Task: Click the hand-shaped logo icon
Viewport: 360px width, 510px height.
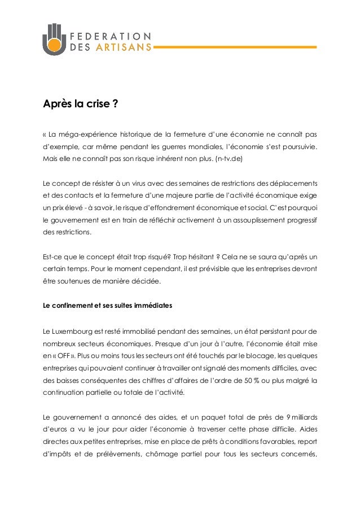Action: [54, 40]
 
